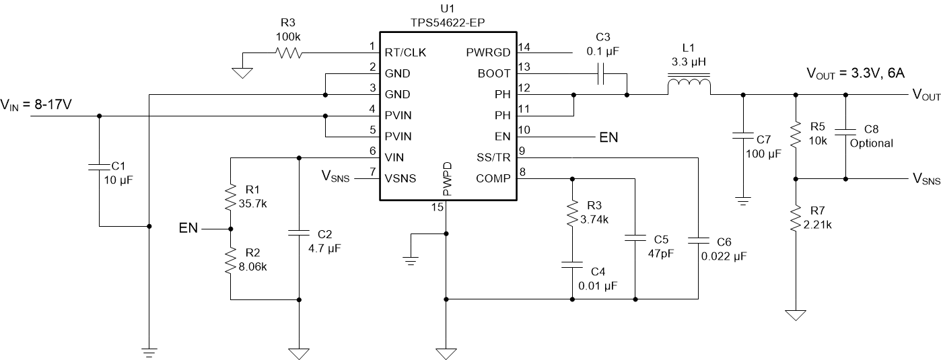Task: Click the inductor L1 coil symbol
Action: click(x=687, y=87)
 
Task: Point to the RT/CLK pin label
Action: click(x=404, y=52)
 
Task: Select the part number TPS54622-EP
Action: click(x=447, y=22)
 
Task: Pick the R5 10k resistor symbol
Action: click(x=796, y=135)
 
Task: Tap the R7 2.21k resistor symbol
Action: click(x=796, y=219)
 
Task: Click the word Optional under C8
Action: click(x=872, y=143)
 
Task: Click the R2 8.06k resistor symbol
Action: click(x=230, y=259)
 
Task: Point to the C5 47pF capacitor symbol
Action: click(x=635, y=238)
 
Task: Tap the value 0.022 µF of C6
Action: click(x=724, y=256)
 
